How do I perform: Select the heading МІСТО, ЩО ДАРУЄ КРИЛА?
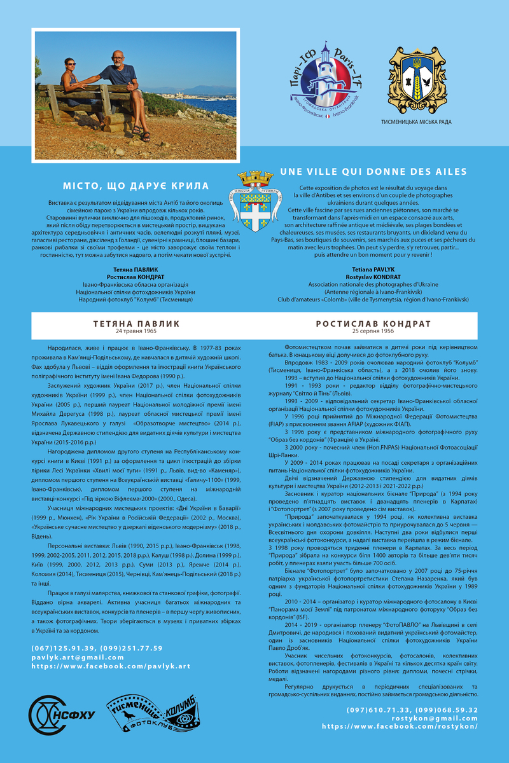coord(136,186)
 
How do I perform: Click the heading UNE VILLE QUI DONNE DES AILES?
coord(373,172)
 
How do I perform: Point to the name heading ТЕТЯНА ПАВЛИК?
coord(136,324)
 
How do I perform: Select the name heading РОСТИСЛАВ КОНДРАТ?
coord(373,324)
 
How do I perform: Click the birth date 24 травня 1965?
coord(136,332)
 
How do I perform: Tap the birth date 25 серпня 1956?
coord(373,332)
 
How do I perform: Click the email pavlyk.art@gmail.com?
coord(71,657)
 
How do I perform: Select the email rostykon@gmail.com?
coord(435,717)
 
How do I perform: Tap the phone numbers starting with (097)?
coord(412,709)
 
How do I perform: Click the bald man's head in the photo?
coord(119,57)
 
